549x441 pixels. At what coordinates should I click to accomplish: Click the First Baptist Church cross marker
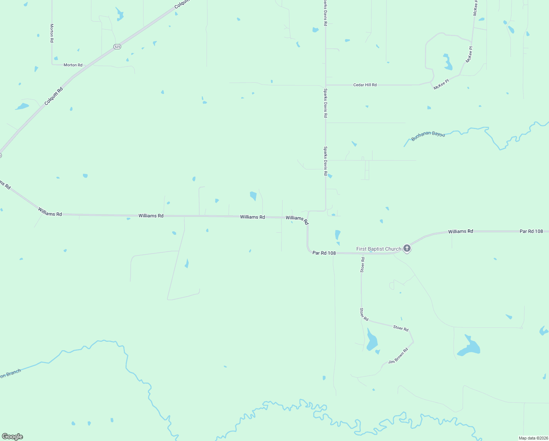[x=407, y=248]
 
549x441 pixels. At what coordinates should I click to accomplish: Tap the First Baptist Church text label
[x=379, y=249]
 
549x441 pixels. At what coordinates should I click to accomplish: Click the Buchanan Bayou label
[x=428, y=136]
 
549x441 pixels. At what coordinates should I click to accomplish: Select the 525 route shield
[x=117, y=47]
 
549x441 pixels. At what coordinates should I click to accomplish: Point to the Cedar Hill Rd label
[x=365, y=85]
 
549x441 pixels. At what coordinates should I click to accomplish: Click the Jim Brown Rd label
[x=398, y=356]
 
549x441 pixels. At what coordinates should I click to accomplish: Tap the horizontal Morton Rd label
[x=73, y=65]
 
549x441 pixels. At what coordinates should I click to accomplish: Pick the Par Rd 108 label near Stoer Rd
[x=324, y=253]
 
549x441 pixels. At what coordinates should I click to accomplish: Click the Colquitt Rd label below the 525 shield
[x=54, y=96]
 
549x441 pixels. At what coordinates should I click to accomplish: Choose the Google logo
[x=12, y=437]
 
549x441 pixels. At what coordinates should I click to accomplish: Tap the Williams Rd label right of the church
[x=461, y=231]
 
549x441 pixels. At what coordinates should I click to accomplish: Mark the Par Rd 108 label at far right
[x=531, y=231]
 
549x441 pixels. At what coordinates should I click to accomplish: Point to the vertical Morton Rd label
[x=52, y=33]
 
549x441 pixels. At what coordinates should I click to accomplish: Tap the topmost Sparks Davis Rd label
[x=325, y=13]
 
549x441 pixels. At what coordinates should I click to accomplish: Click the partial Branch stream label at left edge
[x=10, y=374]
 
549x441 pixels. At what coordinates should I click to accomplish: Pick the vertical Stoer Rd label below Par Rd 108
[x=363, y=265]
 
